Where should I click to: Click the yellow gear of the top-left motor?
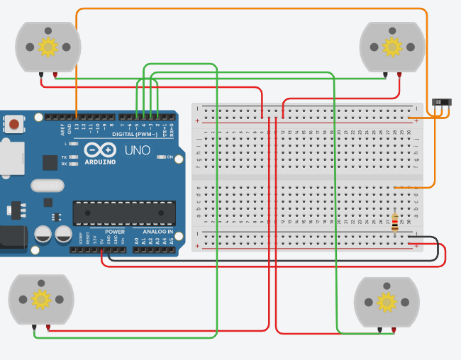click(48, 47)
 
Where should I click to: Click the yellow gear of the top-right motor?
click(392, 47)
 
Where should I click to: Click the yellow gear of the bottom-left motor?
click(40, 299)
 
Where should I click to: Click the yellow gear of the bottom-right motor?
click(387, 303)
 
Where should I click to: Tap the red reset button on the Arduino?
click(14, 125)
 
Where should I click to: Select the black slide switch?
click(442, 103)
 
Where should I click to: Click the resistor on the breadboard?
click(395, 223)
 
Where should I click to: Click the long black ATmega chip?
click(124, 213)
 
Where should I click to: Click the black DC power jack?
click(11, 237)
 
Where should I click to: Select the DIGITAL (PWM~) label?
click(135, 134)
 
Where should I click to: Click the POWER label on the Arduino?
click(115, 232)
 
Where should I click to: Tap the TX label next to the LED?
click(64, 157)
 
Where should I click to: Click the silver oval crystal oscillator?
click(48, 186)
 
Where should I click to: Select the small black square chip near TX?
click(50, 162)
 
